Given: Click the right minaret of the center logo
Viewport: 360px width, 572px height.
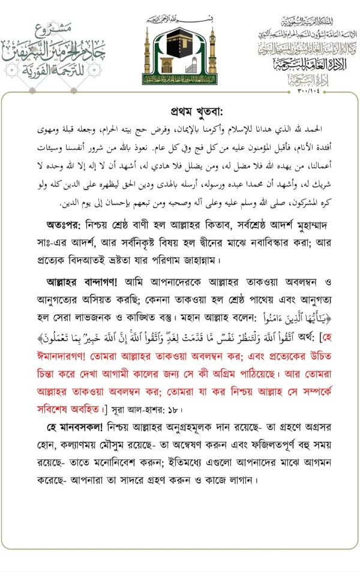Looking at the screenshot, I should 211,51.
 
